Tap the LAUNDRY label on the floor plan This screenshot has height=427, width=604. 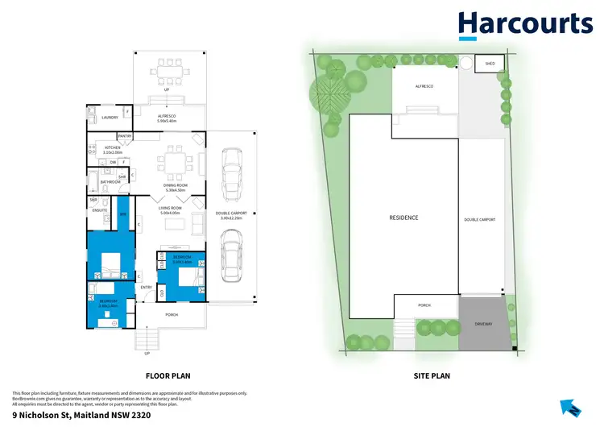coord(110,118)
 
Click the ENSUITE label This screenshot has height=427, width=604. coord(100,210)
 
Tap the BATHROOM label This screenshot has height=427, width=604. coord(110,182)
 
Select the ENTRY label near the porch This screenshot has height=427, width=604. coord(147,287)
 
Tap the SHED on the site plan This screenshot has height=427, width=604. coord(489,63)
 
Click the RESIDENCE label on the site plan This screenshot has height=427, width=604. coord(403,218)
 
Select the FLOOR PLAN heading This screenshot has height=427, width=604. coord(168,375)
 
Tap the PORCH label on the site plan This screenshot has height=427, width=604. coord(425,306)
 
